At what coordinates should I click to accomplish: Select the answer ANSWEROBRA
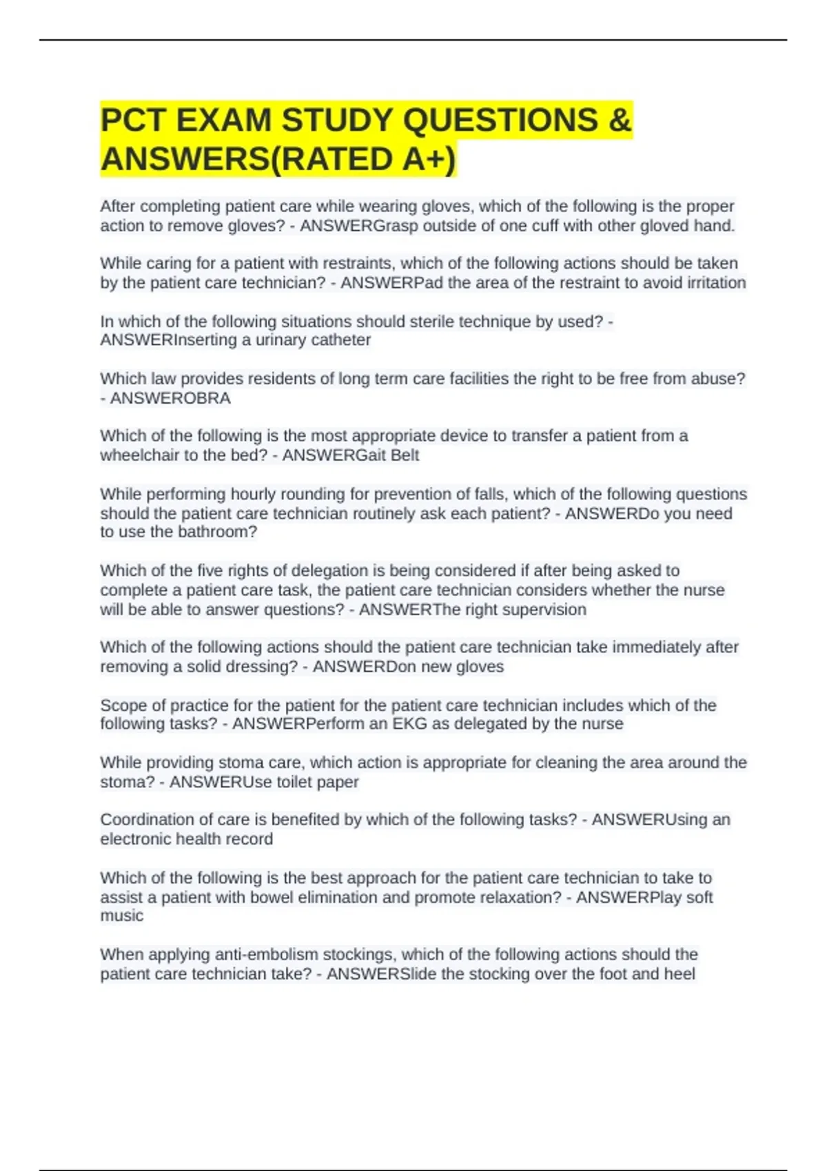(170, 398)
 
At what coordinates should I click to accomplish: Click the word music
(122, 915)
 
